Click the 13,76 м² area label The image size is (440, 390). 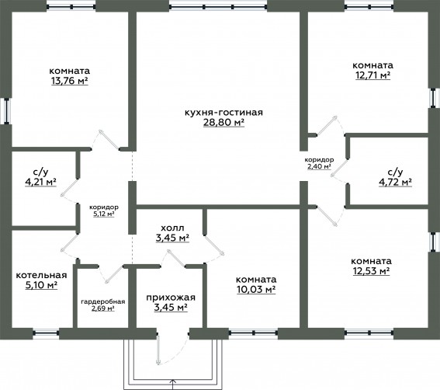coord(70,82)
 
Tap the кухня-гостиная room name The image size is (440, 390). coord(223,113)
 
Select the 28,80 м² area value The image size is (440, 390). coord(223,123)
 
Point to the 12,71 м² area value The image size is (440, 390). coord(373,75)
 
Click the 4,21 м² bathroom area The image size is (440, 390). coord(40,183)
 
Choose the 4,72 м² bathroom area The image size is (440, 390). coord(396,183)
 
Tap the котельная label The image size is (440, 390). coord(42,275)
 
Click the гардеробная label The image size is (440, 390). coord(103,301)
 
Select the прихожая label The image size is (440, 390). coord(171,298)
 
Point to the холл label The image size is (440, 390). coord(172,228)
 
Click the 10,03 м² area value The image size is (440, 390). coord(256,290)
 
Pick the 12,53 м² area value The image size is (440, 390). coord(371,271)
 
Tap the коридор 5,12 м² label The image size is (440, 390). coord(104,211)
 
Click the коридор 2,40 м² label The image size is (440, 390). coord(320,163)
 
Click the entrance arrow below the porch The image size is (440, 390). coord(173,384)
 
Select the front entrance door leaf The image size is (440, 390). coord(158,348)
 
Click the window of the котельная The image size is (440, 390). coord(46,333)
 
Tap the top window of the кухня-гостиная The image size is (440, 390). coord(218,6)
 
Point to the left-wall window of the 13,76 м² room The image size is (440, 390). coord(6,110)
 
